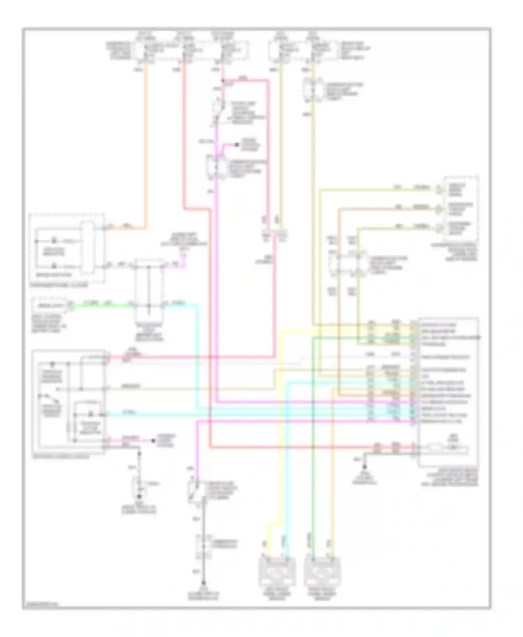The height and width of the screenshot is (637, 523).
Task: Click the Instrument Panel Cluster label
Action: click(x=59, y=285)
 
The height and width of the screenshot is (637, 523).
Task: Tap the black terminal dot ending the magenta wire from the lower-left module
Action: click(x=153, y=441)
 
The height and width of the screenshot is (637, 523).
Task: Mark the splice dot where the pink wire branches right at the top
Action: click(x=223, y=82)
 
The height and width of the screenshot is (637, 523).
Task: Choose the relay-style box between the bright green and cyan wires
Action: click(x=149, y=286)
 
